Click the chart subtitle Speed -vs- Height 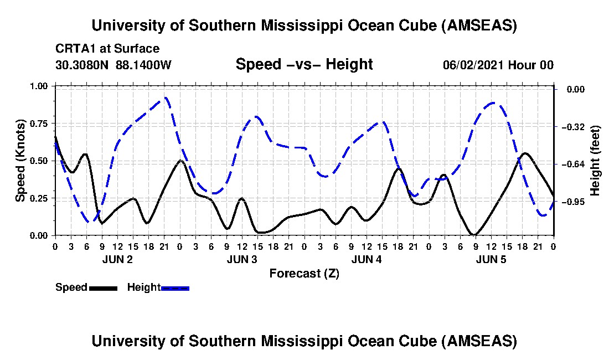coord(304,64)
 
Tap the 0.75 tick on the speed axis coord(43,124)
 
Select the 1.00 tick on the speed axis coord(43,86)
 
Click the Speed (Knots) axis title coord(20,161)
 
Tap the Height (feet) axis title coord(595,161)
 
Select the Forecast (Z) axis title coord(304,273)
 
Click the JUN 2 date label coord(117,259)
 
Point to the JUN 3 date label coord(241,259)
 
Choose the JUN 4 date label coord(366,259)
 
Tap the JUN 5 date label coord(491,259)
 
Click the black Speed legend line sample coord(103,288)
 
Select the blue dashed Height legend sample coord(175,288)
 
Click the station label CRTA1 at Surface coord(107,49)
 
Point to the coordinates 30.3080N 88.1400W coord(113,65)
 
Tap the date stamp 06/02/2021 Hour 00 coord(498,65)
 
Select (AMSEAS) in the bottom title coord(479,341)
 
